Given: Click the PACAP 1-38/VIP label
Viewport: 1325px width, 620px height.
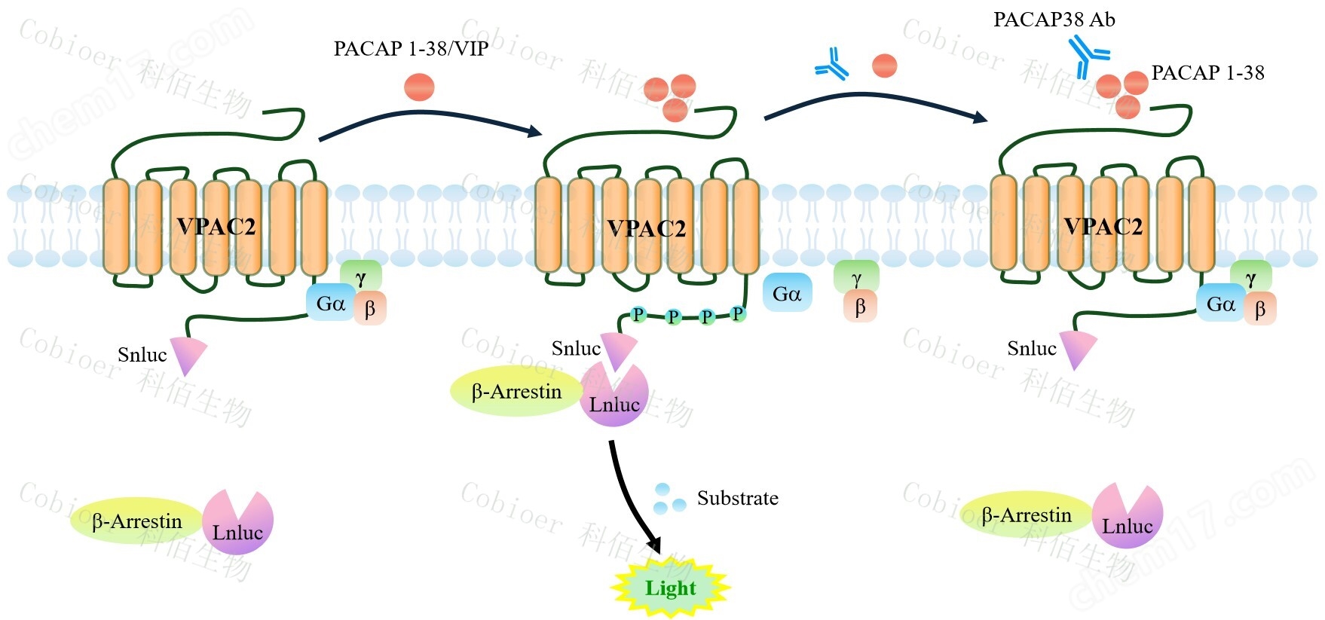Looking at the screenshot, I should tap(411, 49).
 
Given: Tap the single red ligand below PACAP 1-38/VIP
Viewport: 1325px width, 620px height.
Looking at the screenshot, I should tap(419, 87).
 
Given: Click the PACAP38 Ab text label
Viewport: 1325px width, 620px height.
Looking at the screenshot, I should tap(1054, 20).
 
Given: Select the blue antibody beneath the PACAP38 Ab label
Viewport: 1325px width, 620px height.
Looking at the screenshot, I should tap(1088, 57).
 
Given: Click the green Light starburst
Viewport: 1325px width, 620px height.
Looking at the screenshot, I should tap(670, 588).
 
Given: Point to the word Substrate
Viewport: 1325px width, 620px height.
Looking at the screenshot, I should tap(737, 498).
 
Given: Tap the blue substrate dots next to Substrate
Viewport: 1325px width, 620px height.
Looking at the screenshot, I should tap(669, 499).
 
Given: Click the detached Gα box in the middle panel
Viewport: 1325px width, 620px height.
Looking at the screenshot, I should tap(787, 294).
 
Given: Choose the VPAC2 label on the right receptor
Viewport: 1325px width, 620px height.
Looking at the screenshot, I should tap(1103, 226).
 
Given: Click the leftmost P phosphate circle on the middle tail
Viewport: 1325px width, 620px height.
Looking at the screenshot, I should tap(638, 314).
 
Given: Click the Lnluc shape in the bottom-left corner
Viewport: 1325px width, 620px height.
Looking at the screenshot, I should tap(237, 524).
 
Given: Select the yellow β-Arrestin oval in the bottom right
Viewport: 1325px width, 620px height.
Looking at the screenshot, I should tap(1025, 515).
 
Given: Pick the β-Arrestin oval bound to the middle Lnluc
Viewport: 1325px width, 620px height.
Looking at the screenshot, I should tap(516, 392).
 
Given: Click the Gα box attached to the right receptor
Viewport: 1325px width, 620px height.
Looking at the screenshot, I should tap(1220, 304).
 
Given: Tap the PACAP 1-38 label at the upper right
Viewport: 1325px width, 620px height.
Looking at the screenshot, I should tap(1207, 73).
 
